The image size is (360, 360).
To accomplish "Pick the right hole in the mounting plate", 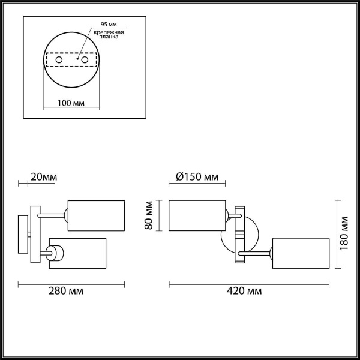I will click(85, 60).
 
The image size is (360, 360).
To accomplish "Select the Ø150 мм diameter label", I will click(197, 177).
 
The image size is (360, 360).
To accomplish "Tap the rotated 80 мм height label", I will click(151, 215).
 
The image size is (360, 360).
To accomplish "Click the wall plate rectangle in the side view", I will click(22, 235).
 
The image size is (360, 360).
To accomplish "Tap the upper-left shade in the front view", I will click(197, 214).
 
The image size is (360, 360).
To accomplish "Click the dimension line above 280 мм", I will click(71, 282).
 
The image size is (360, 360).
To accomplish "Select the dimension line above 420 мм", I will click(249, 282).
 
